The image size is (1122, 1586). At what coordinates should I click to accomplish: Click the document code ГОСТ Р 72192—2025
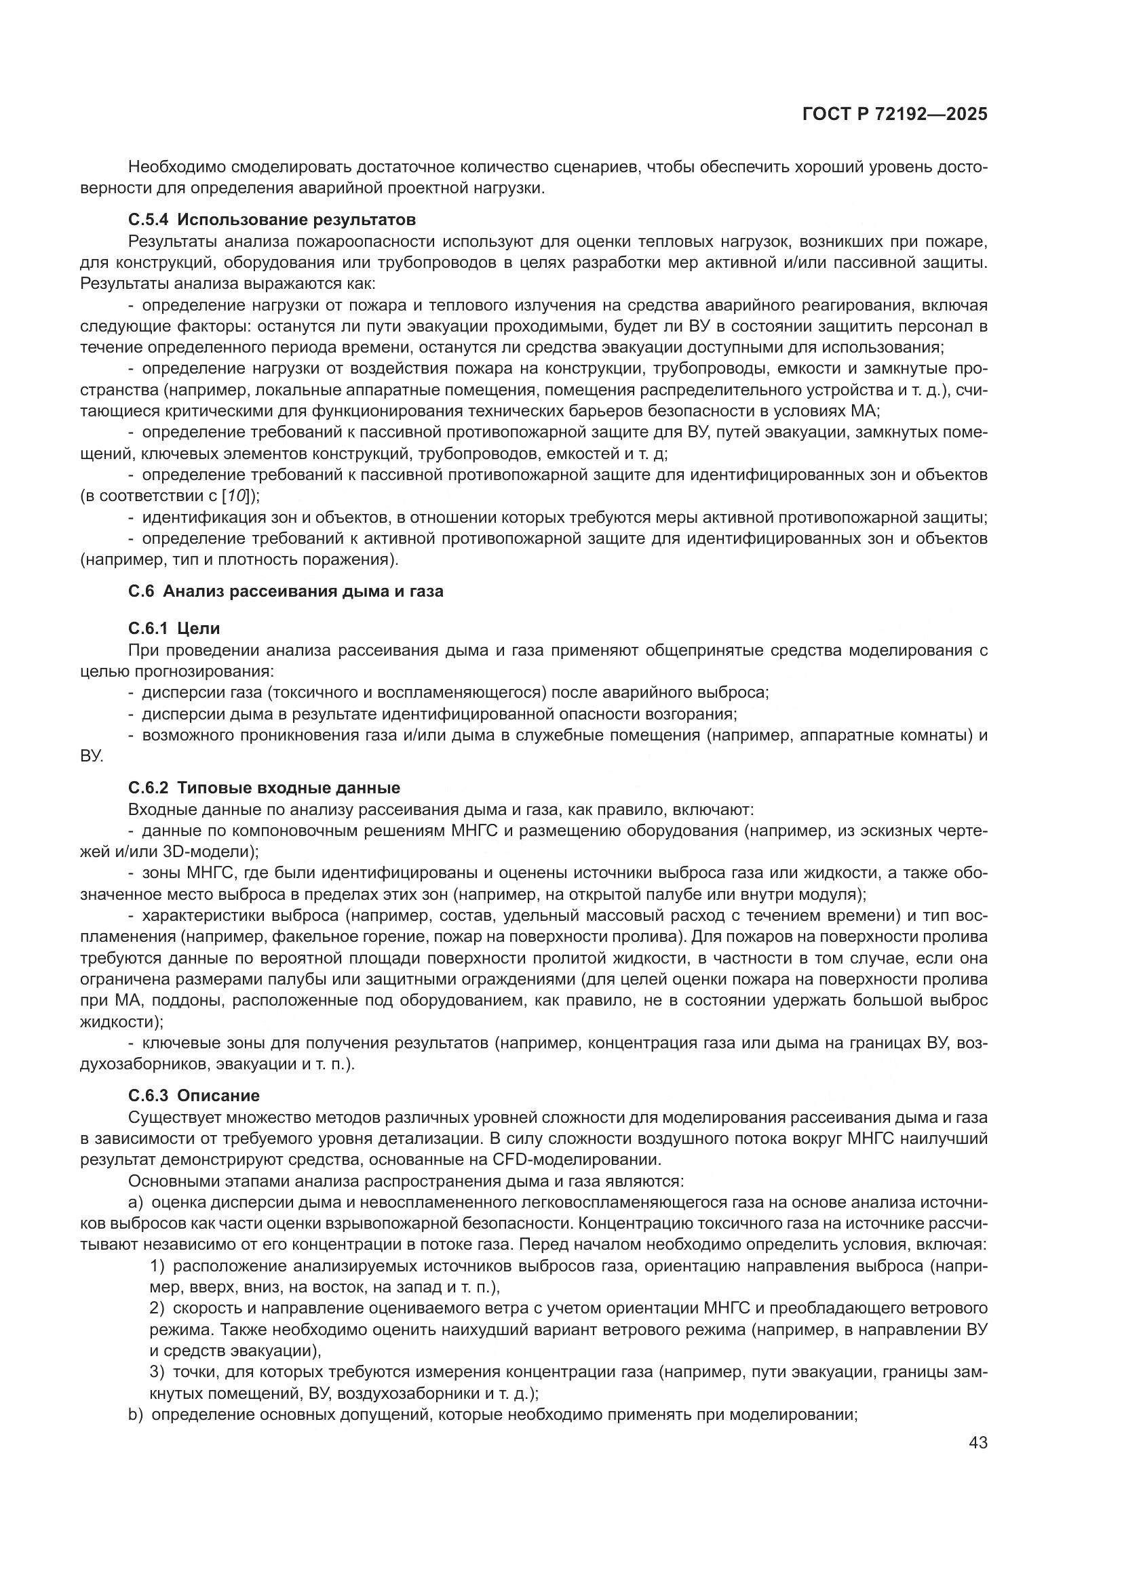click(895, 115)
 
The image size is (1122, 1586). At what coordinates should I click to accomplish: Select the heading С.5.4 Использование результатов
click(272, 220)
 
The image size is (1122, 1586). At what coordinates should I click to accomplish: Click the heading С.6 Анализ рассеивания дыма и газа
click(286, 591)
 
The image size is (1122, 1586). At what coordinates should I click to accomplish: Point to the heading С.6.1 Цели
click(174, 629)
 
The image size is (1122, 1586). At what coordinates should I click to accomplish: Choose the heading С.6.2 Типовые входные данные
click(264, 788)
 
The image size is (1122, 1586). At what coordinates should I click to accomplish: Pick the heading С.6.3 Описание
click(193, 1096)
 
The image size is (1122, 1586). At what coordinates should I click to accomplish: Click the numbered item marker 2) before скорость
click(157, 1308)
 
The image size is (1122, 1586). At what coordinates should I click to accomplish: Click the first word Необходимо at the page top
click(176, 167)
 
